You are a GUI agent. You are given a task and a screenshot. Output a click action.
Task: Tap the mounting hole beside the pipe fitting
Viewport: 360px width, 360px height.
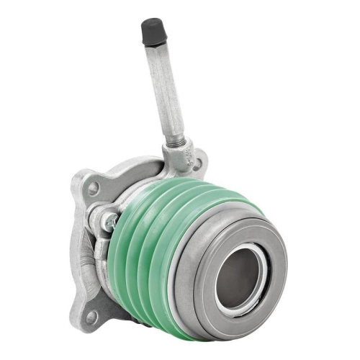click(195, 164)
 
